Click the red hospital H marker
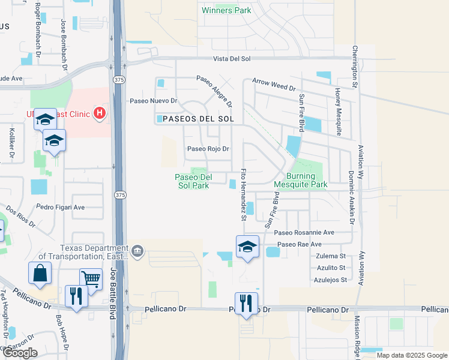100,113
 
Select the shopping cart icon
91,278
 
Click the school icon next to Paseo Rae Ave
247,247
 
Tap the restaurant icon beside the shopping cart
76,296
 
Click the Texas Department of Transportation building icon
137,250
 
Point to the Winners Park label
226,10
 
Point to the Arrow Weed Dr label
274,84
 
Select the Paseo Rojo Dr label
208,149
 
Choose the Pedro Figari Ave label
60,207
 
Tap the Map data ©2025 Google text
412,355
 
